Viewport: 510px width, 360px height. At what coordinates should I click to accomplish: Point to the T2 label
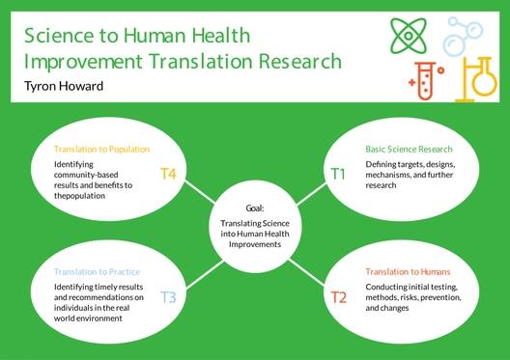338,296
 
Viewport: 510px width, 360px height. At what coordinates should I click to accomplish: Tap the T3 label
167,296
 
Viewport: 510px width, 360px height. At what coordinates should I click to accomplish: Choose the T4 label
167,174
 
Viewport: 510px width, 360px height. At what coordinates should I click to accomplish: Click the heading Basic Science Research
409,150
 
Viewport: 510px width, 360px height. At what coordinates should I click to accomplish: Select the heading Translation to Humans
411,273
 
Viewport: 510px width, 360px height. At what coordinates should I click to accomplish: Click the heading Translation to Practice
99,272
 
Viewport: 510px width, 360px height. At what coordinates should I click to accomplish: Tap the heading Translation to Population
102,150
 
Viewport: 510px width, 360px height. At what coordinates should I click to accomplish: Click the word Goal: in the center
254,207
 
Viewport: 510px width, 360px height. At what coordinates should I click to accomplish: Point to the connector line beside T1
309,191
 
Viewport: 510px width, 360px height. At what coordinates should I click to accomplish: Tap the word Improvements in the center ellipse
254,245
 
